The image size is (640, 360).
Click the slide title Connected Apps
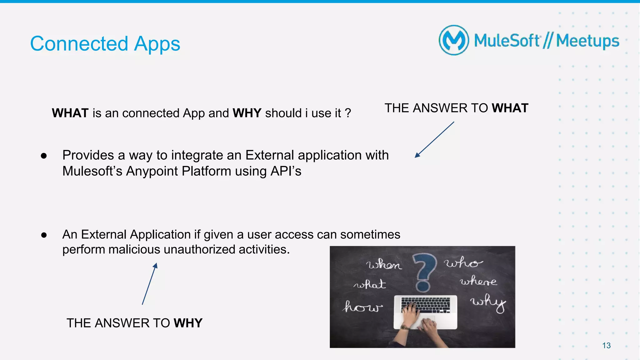click(105, 44)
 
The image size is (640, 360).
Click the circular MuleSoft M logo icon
click(454, 40)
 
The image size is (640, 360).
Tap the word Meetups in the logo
click(587, 41)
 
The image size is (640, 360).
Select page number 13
click(606, 345)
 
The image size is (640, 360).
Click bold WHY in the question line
click(247, 113)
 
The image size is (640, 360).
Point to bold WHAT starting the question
click(70, 113)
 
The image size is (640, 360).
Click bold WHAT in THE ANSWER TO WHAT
click(510, 108)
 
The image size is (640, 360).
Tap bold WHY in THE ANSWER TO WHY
click(188, 323)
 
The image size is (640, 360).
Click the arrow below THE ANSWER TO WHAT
click(434, 140)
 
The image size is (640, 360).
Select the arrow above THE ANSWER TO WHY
click(150, 284)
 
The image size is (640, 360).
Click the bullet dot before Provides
click(44, 156)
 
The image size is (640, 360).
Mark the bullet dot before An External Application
click(44, 235)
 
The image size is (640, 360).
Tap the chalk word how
click(362, 307)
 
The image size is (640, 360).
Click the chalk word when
click(384, 265)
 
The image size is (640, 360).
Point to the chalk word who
click(463, 263)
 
